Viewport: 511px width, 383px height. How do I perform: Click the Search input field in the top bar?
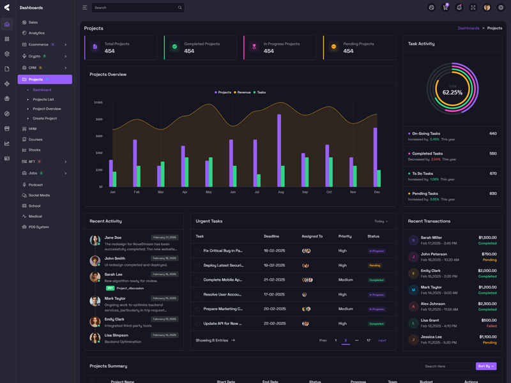(134, 8)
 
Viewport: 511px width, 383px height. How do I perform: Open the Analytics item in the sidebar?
(36, 33)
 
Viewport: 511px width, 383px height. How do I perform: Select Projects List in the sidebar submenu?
(43, 100)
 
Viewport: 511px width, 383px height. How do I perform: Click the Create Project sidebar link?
(45, 118)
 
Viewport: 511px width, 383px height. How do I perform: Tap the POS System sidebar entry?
(38, 227)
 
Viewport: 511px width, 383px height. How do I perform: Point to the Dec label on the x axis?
(377, 192)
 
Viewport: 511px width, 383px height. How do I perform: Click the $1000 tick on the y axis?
(98, 102)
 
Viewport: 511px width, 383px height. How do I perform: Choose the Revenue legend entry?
(243, 93)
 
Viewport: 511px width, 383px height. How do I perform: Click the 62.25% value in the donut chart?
(452, 93)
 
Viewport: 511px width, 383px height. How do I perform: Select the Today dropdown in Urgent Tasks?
(381, 222)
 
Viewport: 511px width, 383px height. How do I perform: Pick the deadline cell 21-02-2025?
(274, 280)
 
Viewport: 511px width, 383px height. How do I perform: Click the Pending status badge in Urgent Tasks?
(374, 266)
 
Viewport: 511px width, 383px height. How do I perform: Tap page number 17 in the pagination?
(369, 340)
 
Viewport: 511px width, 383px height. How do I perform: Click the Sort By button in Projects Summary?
(485, 366)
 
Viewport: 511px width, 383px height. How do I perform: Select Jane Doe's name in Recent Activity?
(113, 237)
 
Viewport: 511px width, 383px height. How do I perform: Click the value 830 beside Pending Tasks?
(492, 193)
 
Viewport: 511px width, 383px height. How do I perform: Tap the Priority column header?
(345, 236)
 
